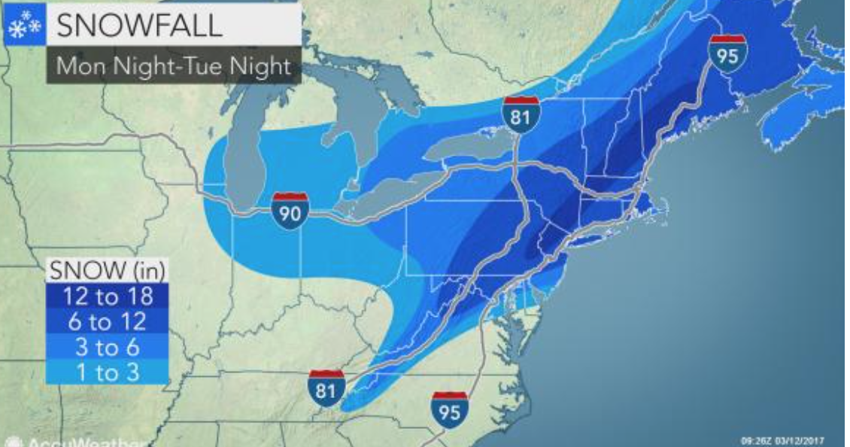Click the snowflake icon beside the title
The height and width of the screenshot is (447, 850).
[23, 26]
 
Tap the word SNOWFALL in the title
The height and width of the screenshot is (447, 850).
[140, 26]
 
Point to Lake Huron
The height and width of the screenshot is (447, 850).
[354, 113]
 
